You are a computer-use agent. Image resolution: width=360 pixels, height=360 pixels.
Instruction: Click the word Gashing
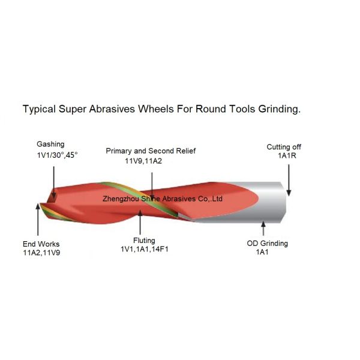50,145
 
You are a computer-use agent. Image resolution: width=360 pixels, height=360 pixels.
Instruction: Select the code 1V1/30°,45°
57,155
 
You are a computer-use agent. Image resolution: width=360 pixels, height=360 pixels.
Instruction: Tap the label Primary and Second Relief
151,151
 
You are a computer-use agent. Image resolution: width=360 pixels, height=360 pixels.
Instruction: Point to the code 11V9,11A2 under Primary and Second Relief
143,161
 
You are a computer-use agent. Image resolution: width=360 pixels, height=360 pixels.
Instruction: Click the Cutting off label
284,147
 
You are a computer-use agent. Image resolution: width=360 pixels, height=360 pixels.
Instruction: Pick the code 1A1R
287,155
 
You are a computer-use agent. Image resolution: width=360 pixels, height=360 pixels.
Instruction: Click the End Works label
41,244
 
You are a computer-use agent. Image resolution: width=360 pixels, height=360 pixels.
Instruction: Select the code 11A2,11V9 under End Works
41,253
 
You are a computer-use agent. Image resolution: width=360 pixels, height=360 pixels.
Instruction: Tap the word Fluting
144,241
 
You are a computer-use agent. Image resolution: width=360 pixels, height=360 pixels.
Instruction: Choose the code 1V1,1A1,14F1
145,249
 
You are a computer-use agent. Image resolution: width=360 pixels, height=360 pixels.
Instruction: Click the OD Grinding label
267,243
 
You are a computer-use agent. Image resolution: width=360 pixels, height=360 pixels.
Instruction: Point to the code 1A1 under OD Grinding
262,252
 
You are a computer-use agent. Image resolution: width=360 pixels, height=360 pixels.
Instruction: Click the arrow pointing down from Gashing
54,182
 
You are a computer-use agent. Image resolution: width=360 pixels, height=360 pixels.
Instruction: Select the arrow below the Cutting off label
289,180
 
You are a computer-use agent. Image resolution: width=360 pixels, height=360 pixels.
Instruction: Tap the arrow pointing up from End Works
38,220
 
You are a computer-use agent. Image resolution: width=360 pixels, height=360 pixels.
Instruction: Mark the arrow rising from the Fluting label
140,223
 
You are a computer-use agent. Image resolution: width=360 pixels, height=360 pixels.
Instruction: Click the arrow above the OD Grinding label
263,228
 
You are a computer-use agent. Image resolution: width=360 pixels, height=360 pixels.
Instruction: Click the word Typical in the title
39,109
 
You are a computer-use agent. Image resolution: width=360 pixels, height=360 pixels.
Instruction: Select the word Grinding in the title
280,109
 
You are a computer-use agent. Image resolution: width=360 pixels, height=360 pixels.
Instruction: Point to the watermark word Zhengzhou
121,199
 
